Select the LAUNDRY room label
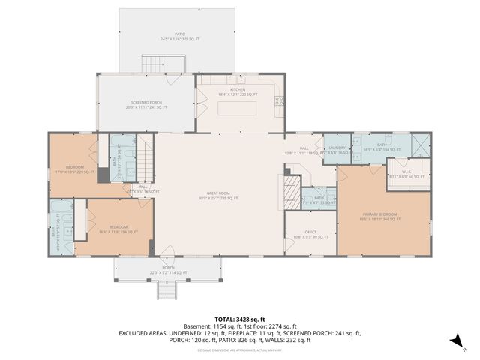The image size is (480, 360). pos(337,149)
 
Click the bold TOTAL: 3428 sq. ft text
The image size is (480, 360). pos(240,319)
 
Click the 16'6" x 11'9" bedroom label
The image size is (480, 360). pos(119,227)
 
